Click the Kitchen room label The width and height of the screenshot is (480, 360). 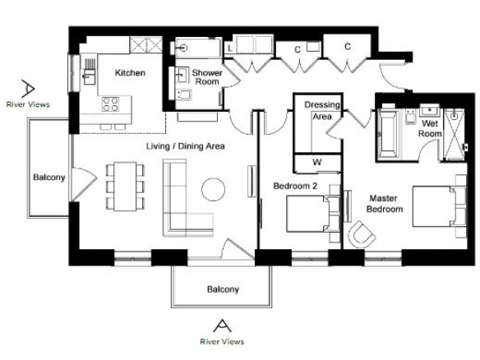[x=130, y=73]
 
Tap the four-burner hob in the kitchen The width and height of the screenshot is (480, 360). [x=110, y=104]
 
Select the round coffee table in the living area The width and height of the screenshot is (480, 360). [x=214, y=190]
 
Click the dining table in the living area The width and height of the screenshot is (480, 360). [x=125, y=187]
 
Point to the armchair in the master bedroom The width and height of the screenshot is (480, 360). [x=362, y=234]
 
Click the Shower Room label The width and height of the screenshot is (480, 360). [x=207, y=77]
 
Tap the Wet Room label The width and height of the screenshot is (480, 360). [x=430, y=128]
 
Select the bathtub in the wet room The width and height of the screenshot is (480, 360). [x=388, y=135]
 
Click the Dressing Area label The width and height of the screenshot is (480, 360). [x=322, y=110]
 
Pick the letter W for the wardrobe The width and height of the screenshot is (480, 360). [x=317, y=162]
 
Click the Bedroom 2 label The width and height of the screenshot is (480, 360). [x=295, y=186]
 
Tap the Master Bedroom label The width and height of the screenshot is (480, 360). [x=385, y=204]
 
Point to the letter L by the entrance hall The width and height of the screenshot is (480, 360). [x=230, y=48]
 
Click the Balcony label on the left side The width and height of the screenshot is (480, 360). [x=49, y=178]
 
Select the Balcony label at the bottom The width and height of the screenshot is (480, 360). [x=223, y=289]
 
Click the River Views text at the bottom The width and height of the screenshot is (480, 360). [x=222, y=342]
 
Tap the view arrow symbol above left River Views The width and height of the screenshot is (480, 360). [x=28, y=89]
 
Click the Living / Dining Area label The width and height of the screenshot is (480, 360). [x=186, y=146]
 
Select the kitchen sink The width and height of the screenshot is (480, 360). [x=89, y=76]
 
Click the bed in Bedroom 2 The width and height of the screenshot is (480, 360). [x=313, y=214]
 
